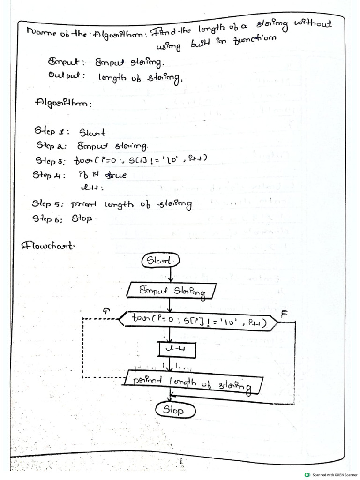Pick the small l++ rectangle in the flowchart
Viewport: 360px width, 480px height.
[177, 349]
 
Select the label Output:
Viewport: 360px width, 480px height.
[66, 75]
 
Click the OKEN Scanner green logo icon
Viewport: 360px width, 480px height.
[307, 474]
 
